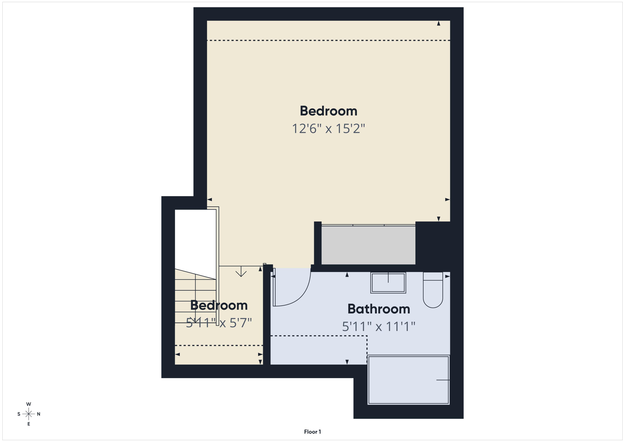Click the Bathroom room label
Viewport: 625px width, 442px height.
379,309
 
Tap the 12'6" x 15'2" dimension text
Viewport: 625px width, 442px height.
328,129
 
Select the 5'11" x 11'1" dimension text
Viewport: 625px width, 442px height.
379,327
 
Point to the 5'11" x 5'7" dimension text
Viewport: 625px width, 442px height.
219,323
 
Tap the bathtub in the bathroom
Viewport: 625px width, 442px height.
408,380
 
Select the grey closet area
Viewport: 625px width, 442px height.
368,245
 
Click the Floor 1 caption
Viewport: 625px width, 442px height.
312,432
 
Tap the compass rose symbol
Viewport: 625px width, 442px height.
29,414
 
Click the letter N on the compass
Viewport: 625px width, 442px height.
39,414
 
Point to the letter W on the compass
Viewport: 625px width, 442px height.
29,404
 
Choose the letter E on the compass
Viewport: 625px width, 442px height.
29,424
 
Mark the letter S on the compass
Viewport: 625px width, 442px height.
19,414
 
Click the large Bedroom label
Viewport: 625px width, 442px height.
328,111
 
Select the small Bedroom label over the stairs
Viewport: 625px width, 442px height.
219,305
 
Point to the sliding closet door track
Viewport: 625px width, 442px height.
368,225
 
